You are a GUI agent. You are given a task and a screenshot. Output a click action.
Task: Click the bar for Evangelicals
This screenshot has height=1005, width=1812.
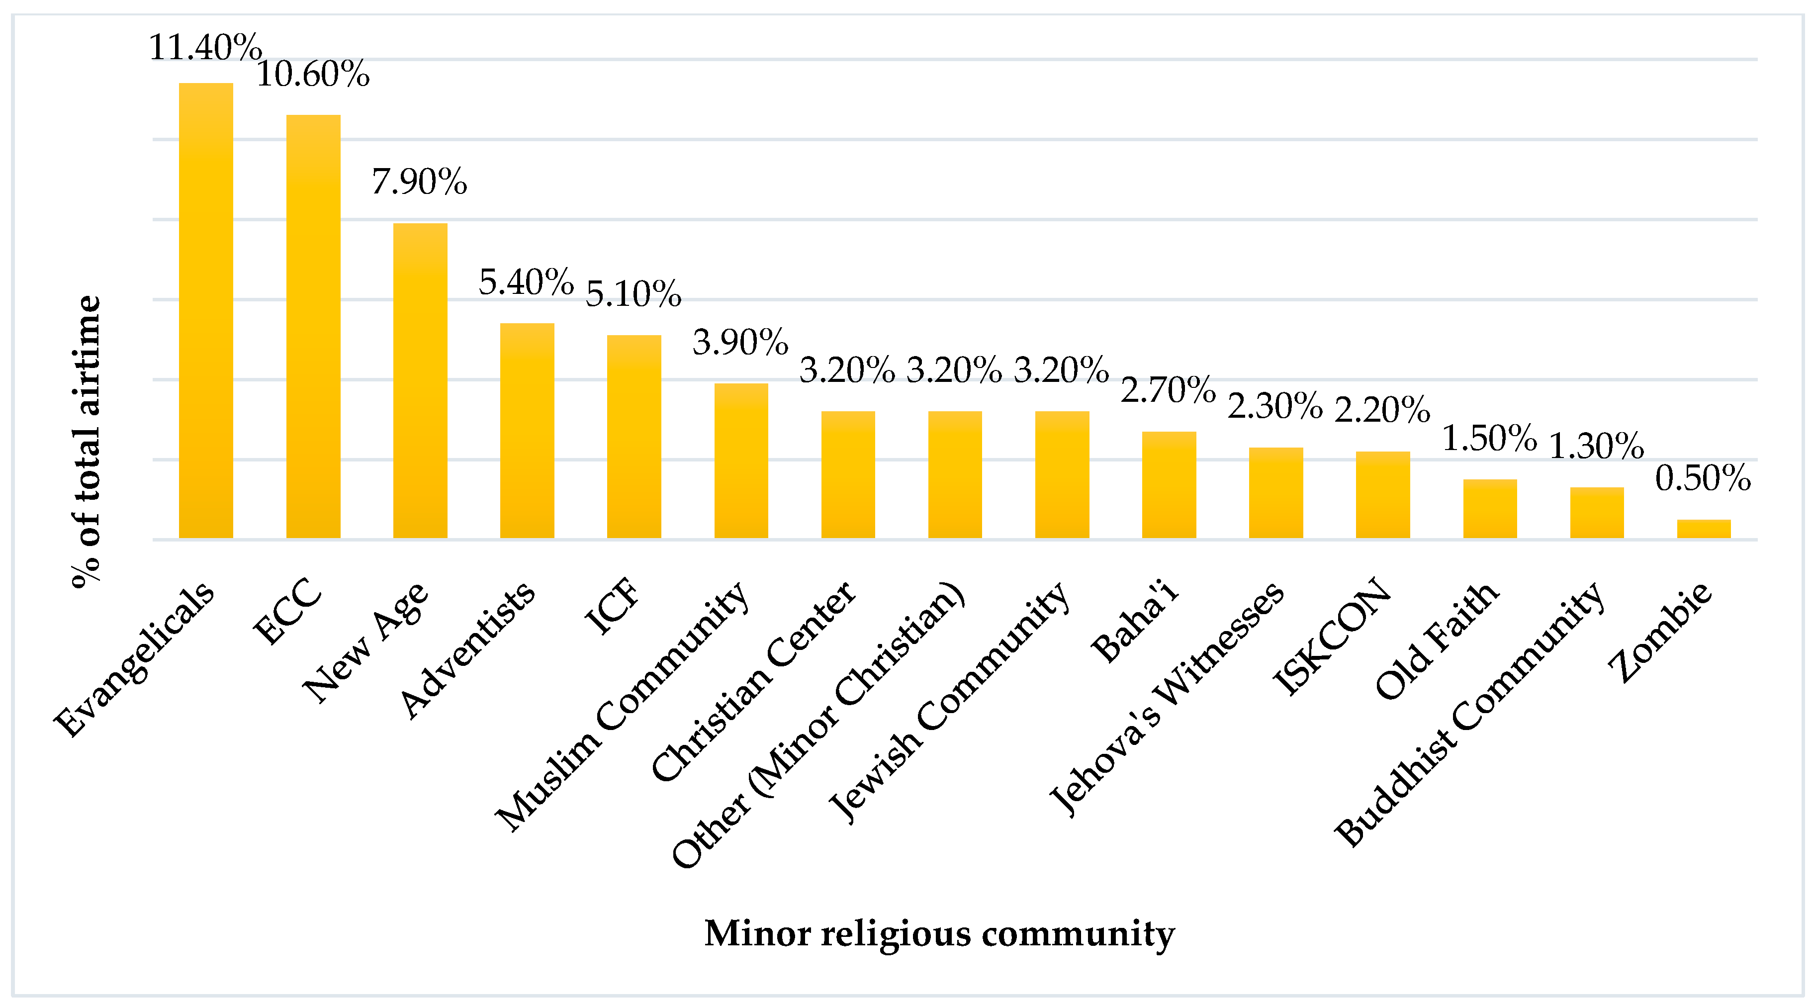pos(205,311)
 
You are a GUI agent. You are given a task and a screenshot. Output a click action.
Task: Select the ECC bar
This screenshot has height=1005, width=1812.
pos(313,327)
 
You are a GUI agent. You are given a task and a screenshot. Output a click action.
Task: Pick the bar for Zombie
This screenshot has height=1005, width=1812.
pos(1703,529)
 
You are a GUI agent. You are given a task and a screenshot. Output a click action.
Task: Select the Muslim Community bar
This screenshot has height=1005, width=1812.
pos(741,460)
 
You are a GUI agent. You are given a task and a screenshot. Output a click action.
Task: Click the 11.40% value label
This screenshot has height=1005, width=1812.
pos(205,48)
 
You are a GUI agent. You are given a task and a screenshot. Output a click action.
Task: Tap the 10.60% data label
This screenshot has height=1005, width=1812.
pos(313,74)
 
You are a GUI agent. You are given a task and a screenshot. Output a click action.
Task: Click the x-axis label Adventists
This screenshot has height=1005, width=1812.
pos(468,650)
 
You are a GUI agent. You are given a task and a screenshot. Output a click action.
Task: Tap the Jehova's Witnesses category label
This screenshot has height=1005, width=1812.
pos(1167,698)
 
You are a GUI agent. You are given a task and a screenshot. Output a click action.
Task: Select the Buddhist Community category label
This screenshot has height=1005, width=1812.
pos(1470,713)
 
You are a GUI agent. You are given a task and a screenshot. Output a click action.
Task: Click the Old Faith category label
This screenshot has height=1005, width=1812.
pos(1437,640)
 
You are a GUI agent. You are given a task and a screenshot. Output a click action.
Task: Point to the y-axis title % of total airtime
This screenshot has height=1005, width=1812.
pos(87,441)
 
